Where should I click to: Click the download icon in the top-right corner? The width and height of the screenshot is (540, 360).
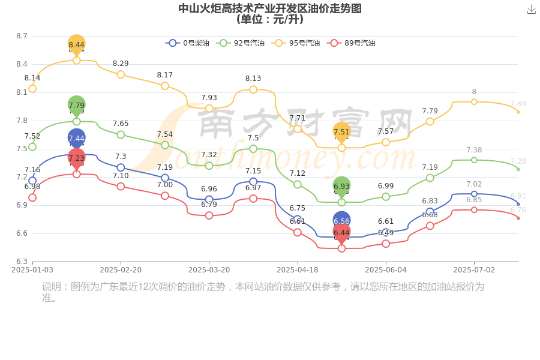tap(531, 10)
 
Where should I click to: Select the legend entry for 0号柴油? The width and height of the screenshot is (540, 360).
tap(187, 43)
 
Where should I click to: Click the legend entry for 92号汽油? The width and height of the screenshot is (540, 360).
tap(240, 43)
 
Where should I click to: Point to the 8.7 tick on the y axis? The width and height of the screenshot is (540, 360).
tap(22, 36)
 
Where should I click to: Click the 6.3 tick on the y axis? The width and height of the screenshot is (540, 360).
tap(22, 262)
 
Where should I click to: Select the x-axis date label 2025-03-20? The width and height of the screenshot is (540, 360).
tap(209, 270)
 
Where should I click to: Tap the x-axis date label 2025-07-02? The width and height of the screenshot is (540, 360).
tap(474, 270)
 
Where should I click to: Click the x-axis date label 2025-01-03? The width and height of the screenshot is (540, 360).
tap(32, 270)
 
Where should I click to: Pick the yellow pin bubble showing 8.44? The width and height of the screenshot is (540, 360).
tap(76, 44)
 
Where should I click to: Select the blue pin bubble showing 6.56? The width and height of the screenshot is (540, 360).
tap(341, 220)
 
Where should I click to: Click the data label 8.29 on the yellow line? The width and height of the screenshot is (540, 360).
tap(121, 64)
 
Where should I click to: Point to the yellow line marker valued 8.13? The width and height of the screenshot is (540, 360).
tap(253, 89)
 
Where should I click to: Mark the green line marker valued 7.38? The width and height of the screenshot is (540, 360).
tap(474, 160)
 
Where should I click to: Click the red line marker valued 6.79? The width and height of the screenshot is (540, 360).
tap(209, 215)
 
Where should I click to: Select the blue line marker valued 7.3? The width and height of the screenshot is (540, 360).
tap(121, 168)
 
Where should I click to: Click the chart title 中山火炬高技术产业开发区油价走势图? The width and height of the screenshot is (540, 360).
tap(270, 8)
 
